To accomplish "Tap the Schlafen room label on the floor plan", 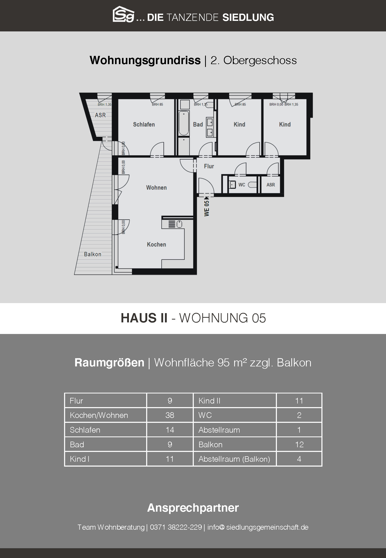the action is click(144, 125).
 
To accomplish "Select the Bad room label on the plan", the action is click(198, 125).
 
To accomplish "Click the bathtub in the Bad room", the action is click(184, 123).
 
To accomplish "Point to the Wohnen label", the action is click(156, 188).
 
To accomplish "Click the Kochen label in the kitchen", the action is click(156, 244).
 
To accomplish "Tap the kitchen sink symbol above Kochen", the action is click(175, 224).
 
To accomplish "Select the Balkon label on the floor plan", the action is click(93, 254).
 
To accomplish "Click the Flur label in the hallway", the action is click(209, 166).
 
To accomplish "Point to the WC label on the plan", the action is click(242, 185).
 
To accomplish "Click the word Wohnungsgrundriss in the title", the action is click(145, 60).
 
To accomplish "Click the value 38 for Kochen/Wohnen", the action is click(170, 415).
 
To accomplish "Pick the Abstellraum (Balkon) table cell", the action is click(234, 459).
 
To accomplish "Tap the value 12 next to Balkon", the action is click(299, 444).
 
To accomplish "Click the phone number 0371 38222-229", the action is click(176, 527).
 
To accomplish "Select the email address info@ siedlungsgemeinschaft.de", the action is click(258, 527).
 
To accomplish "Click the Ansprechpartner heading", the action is click(193, 508).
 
